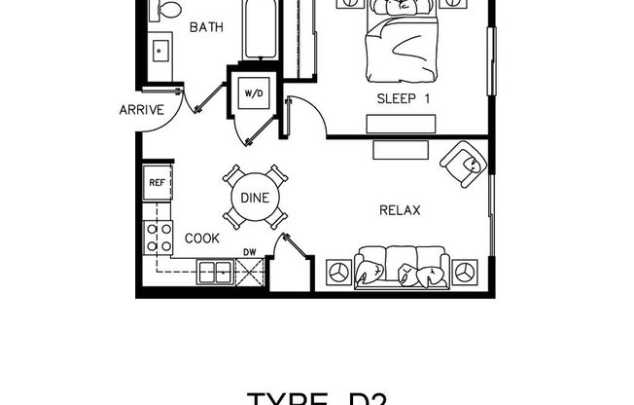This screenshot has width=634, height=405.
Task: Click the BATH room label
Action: pos(205,27)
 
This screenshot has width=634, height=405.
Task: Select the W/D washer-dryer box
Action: pos(254,93)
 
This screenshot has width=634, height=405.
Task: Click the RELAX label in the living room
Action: pos(399,208)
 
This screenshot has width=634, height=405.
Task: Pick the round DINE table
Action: pos(255,198)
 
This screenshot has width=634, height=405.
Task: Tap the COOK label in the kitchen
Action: pos(202,238)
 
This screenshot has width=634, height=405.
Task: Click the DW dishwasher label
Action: pos(250,252)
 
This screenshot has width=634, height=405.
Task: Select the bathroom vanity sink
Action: pos(158,49)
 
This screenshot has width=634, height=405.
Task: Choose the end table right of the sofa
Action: pos(465,270)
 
